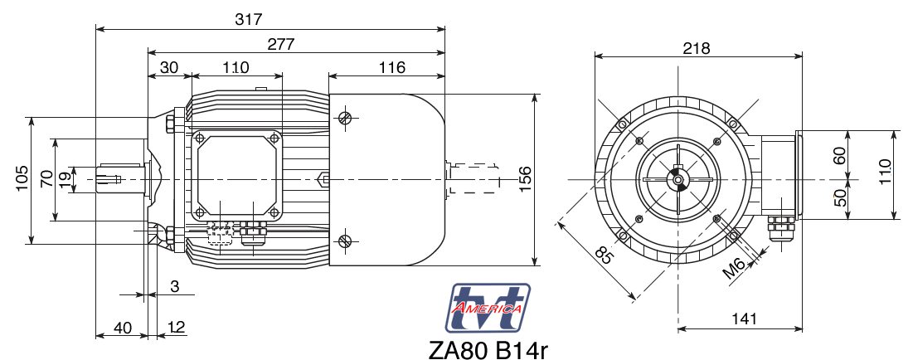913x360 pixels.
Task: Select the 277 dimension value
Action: (280, 44)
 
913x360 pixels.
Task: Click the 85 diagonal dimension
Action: (605, 256)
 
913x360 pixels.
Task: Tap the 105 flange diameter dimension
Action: (22, 179)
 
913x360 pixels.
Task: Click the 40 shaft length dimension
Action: (122, 328)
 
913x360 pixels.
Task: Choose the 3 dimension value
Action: (174, 286)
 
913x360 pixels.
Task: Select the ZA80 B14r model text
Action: (488, 348)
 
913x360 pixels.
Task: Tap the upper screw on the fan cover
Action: (346, 119)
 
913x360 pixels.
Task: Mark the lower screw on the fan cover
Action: (346, 241)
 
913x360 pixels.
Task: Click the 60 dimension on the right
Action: (840, 155)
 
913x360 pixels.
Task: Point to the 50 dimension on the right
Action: (840, 198)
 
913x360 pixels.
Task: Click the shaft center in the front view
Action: (678, 180)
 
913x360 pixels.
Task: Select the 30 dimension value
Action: (169, 67)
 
